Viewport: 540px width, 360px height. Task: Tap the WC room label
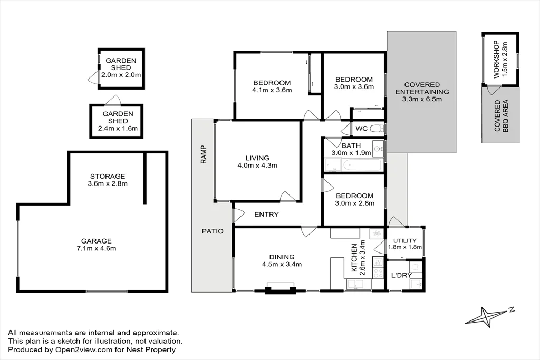361,128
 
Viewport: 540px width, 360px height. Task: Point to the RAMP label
204,154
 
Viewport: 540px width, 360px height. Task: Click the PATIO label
212,231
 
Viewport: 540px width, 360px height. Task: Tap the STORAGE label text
107,176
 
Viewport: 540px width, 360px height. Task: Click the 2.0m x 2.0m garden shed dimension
121,75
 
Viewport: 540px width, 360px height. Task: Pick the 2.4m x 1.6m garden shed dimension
117,128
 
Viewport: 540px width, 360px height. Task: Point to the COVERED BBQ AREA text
500,116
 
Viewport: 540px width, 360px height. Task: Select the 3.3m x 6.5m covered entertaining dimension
422,99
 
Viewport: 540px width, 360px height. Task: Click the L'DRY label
401,275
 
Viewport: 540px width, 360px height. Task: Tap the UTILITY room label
404,240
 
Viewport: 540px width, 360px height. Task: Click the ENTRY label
266,215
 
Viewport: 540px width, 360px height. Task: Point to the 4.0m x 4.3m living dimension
257,165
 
